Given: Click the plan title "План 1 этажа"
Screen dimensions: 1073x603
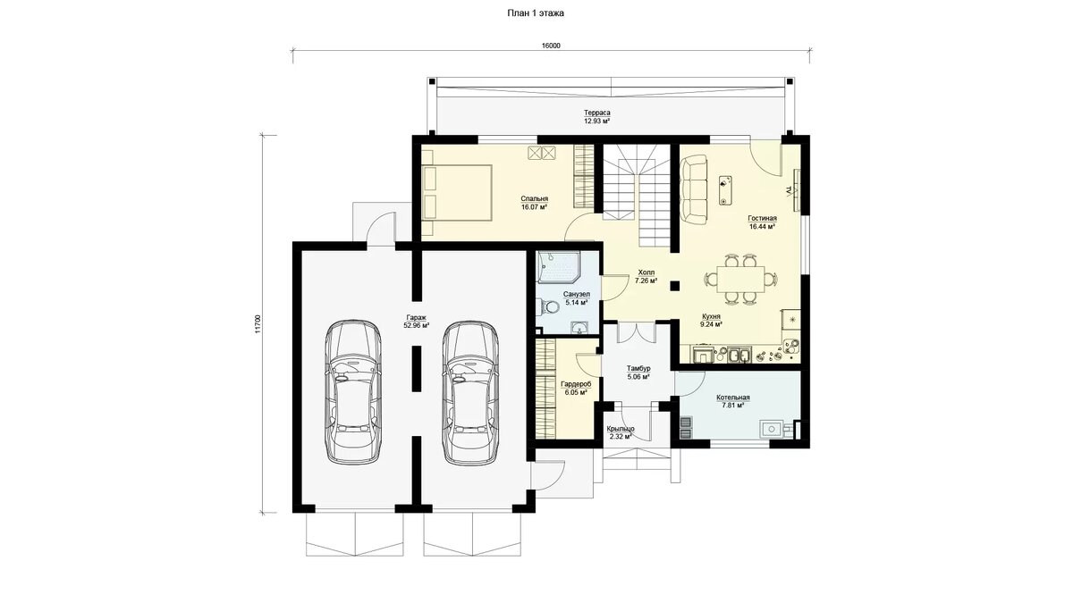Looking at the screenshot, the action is (536, 13).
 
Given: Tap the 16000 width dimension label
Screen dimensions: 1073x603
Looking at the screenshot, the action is (551, 46).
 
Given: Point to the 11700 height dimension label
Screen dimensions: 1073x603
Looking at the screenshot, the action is (258, 323).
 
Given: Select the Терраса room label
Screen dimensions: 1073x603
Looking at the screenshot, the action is (597, 113).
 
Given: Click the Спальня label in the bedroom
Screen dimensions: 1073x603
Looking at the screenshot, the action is (535, 198).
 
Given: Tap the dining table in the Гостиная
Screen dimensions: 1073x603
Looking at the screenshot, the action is (739, 279).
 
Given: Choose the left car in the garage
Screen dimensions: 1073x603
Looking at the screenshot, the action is (353, 391).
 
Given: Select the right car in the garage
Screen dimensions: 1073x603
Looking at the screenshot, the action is (470, 392).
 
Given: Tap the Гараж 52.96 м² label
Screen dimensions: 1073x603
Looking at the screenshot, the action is (417, 321).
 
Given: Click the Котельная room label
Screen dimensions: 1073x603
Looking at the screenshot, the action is (733, 398).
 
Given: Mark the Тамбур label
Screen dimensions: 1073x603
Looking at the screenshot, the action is (638, 368).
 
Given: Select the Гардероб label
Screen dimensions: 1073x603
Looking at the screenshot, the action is (576, 384).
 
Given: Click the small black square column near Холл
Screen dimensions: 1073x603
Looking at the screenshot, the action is (675, 286).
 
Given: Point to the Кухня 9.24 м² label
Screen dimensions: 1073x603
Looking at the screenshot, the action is (712, 320).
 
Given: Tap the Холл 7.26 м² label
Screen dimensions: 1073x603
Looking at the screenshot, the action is (646, 277).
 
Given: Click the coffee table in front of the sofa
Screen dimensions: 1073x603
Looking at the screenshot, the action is (725, 190).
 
